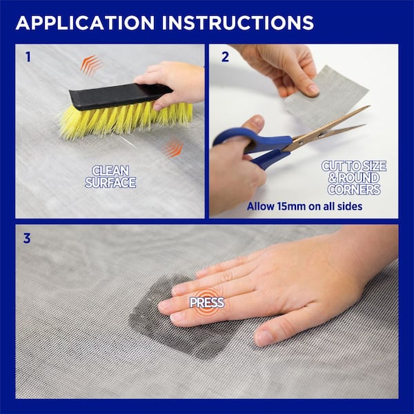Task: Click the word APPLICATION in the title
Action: click(86, 23)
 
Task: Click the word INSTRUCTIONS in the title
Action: click(238, 23)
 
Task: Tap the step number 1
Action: click(28, 57)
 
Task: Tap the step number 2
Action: click(225, 57)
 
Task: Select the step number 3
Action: click(27, 238)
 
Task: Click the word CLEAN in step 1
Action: click(110, 170)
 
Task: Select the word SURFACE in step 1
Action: click(110, 182)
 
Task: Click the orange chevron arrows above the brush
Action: click(90, 65)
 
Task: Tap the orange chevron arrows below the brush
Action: click(173, 148)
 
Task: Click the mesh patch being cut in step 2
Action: click(326, 98)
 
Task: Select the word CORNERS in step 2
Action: click(354, 190)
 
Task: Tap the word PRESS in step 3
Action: click(207, 303)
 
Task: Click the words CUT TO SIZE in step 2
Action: click(354, 166)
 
